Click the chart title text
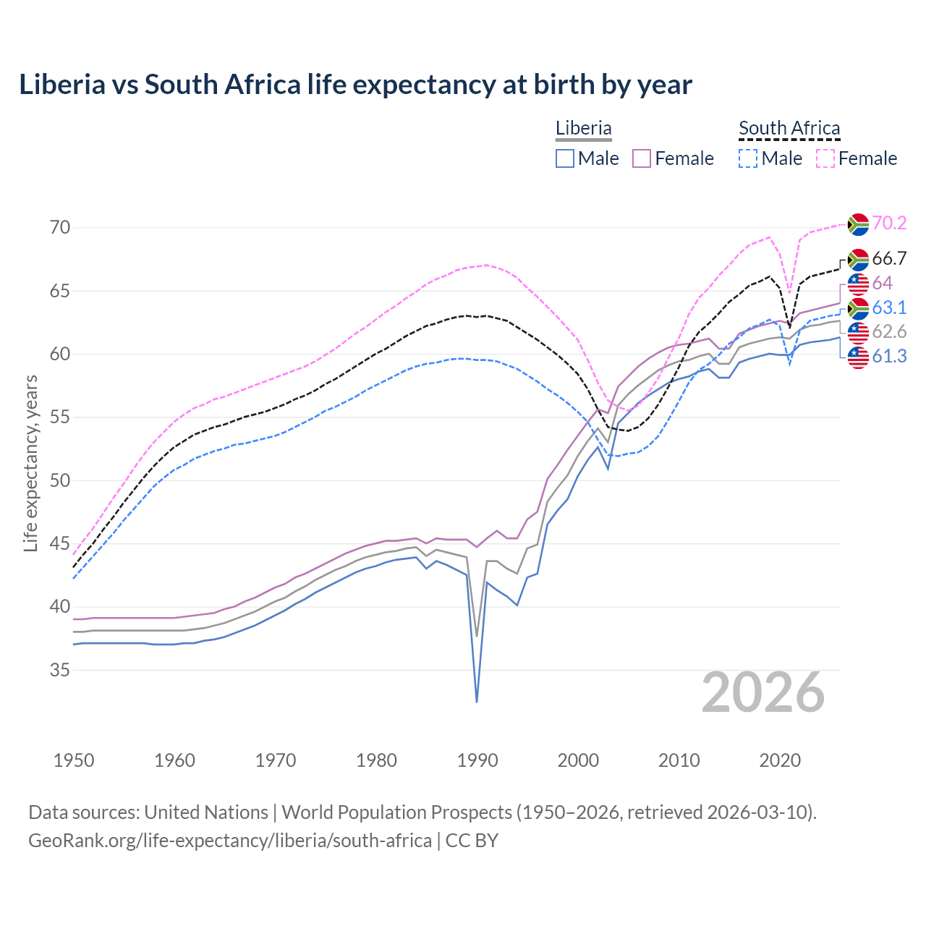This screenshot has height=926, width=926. tap(355, 85)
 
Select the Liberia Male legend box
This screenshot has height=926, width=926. tap(565, 158)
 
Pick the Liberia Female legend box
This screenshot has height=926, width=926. tap(642, 158)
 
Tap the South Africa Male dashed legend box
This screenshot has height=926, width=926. tap(748, 158)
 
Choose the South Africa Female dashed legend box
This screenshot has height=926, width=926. tap(825, 158)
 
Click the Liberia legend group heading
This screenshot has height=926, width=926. tap(584, 128)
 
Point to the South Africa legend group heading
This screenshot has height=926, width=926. tap(789, 128)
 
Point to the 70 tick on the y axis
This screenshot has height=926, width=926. tap(60, 227)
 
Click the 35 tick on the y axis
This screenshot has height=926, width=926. tap(60, 670)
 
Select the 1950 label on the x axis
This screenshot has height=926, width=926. tap(74, 760)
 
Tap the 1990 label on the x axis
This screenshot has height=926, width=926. tap(477, 760)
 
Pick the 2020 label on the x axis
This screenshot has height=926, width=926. tap(780, 760)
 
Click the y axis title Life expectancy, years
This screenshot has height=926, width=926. tap(30, 463)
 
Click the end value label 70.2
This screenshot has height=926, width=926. tap(889, 223)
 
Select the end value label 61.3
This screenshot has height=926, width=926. tap(889, 356)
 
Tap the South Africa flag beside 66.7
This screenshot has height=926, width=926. tap(858, 259)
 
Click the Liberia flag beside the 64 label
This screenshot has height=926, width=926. tap(858, 283)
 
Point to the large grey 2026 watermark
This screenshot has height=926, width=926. tap(763, 692)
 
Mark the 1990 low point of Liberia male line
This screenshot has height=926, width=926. tap(477, 701)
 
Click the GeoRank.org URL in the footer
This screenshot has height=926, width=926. tap(230, 841)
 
